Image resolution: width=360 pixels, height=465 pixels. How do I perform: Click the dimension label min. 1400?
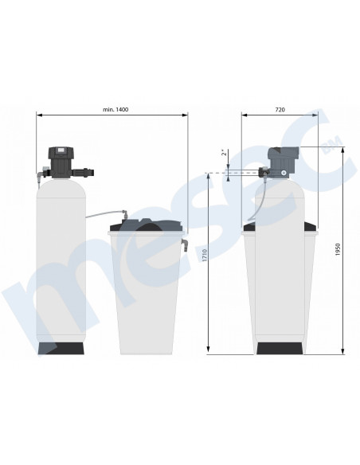point(115,109)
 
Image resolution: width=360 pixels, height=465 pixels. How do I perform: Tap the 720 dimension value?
point(280,110)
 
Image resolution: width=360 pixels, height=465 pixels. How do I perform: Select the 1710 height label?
point(205,255)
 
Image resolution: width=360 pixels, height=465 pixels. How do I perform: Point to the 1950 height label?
point(338,250)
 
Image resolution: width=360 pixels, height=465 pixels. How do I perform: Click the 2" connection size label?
point(225,152)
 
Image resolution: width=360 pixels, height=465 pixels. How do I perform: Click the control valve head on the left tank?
point(61,162)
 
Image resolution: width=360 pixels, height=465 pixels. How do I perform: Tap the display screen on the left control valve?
point(61,150)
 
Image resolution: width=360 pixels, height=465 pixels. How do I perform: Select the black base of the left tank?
point(61,348)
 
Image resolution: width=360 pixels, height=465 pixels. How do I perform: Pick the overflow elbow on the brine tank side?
point(185,245)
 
